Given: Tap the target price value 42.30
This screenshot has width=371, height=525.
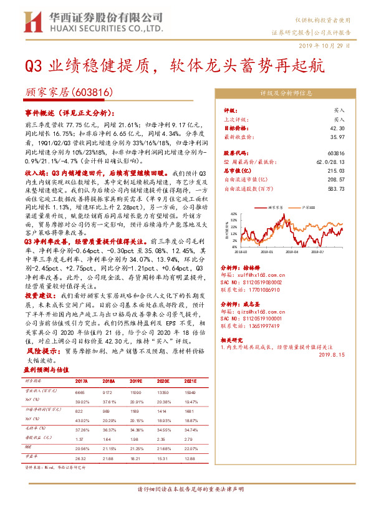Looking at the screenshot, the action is [x=337, y=128].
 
